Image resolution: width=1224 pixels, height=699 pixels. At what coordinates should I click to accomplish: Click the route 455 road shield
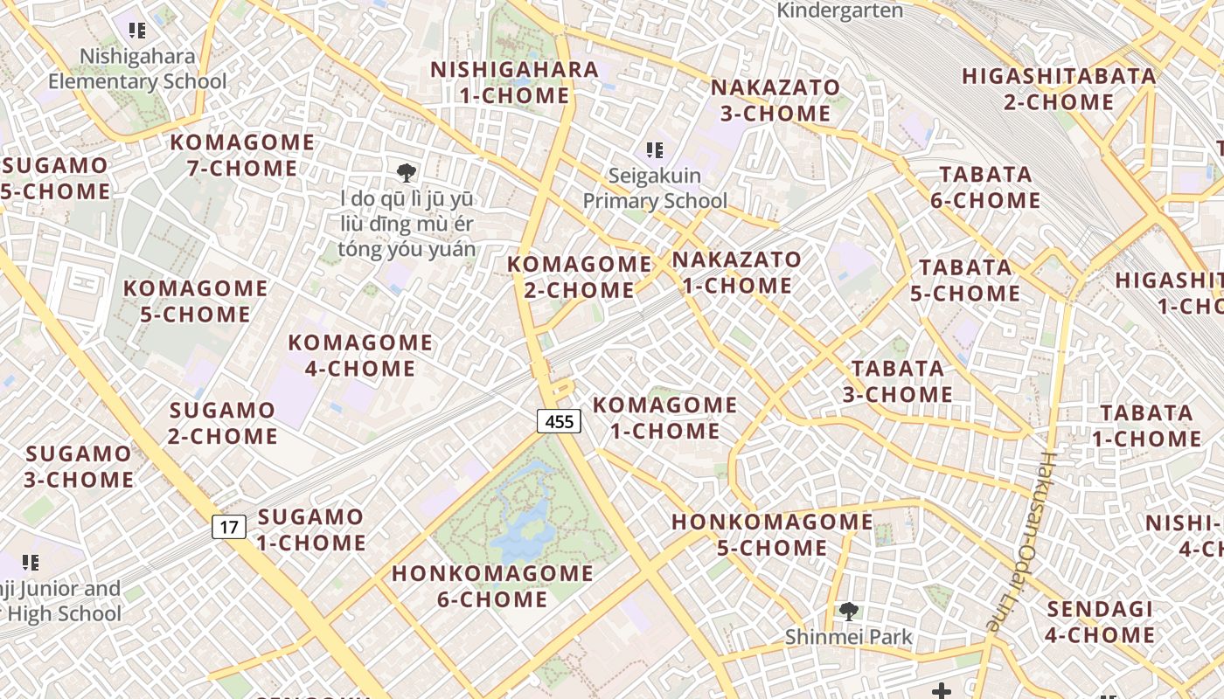click(x=559, y=422)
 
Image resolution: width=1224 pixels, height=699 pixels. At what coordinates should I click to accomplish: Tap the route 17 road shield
click(x=228, y=527)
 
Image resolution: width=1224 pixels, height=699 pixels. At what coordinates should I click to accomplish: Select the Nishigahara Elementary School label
click(x=137, y=69)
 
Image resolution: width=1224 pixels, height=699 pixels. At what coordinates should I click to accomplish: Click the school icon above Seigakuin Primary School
click(x=655, y=150)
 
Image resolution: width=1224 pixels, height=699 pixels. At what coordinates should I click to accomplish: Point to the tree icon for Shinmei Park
click(x=847, y=611)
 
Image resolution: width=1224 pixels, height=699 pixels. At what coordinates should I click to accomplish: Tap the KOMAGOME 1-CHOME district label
click(x=664, y=418)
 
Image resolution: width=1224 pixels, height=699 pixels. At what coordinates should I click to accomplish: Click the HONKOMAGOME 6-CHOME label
click(x=493, y=586)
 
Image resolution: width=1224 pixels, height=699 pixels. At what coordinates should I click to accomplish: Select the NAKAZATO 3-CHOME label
click(x=775, y=100)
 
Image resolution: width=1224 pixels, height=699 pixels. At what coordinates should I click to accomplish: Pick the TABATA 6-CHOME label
click(x=985, y=187)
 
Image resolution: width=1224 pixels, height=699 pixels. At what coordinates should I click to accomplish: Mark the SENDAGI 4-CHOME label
click(x=1100, y=621)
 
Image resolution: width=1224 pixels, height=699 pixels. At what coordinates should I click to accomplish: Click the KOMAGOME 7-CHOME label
click(x=242, y=155)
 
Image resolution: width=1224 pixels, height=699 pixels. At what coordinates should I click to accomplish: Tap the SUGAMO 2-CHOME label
click(x=223, y=423)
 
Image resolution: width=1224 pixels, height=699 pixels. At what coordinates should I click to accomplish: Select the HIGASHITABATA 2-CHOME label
click(x=1059, y=89)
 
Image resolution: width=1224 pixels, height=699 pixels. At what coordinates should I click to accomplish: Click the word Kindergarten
click(x=839, y=10)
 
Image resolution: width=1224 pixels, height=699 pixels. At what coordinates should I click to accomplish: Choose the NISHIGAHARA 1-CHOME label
click(x=514, y=82)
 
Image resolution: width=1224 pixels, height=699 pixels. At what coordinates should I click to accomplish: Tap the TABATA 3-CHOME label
click(x=898, y=382)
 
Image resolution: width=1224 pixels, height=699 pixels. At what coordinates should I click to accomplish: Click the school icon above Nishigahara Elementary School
click(x=137, y=31)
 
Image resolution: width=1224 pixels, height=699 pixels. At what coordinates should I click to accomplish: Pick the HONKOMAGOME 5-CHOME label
click(x=772, y=535)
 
